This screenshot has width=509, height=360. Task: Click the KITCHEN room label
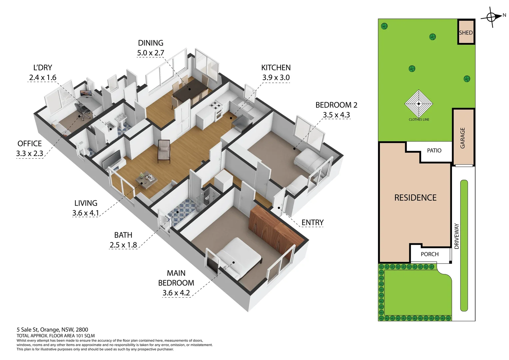(275, 68)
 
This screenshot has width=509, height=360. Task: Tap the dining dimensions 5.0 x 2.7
(151, 53)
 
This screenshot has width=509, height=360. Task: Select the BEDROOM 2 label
(336, 105)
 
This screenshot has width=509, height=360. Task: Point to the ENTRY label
(312, 222)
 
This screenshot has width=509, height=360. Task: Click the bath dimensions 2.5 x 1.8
(123, 245)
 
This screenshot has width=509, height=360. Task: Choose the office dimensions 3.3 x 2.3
(30, 154)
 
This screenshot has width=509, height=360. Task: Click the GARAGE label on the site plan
(462, 138)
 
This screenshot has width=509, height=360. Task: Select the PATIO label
(434, 150)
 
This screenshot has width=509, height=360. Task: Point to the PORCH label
(429, 254)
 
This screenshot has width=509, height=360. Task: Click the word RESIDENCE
(415, 198)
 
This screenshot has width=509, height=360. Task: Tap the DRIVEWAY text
(456, 236)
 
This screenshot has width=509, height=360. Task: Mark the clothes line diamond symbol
(419, 103)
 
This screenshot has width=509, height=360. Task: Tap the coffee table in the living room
(146, 180)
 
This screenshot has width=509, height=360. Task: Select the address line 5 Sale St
(52, 330)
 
